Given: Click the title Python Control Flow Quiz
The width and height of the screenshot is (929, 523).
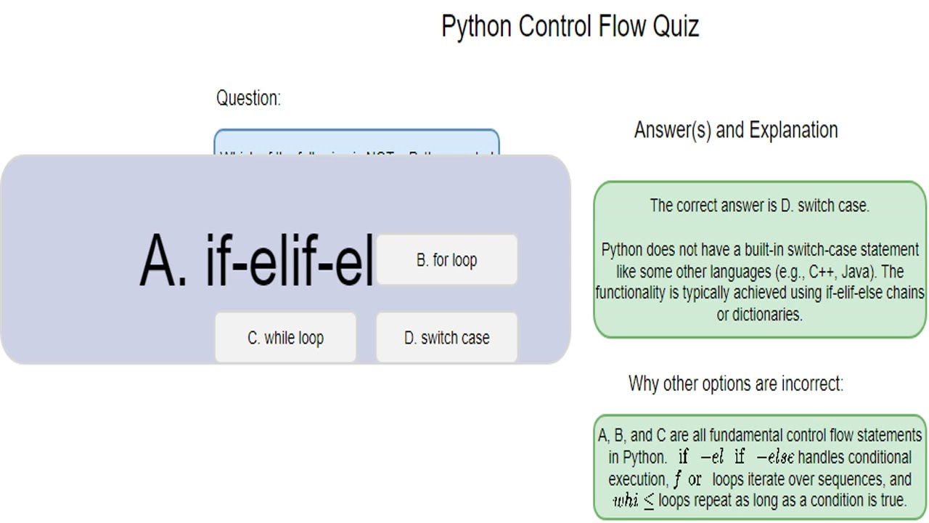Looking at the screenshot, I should click(x=570, y=27).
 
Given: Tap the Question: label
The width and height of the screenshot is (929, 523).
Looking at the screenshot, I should click(x=248, y=98).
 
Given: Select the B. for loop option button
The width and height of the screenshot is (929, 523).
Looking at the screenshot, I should click(x=446, y=260).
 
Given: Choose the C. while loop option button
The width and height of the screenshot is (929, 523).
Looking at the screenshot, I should click(x=285, y=338).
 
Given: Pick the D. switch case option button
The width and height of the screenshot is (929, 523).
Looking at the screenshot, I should click(x=446, y=338).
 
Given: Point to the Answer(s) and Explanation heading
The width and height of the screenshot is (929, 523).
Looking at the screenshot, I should click(x=736, y=130).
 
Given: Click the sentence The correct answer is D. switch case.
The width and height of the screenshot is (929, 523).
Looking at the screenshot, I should click(x=759, y=206).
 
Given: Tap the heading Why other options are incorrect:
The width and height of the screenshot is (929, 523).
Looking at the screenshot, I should click(x=736, y=384).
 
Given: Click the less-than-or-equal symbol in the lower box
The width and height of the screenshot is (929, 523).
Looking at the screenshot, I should click(x=649, y=501).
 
